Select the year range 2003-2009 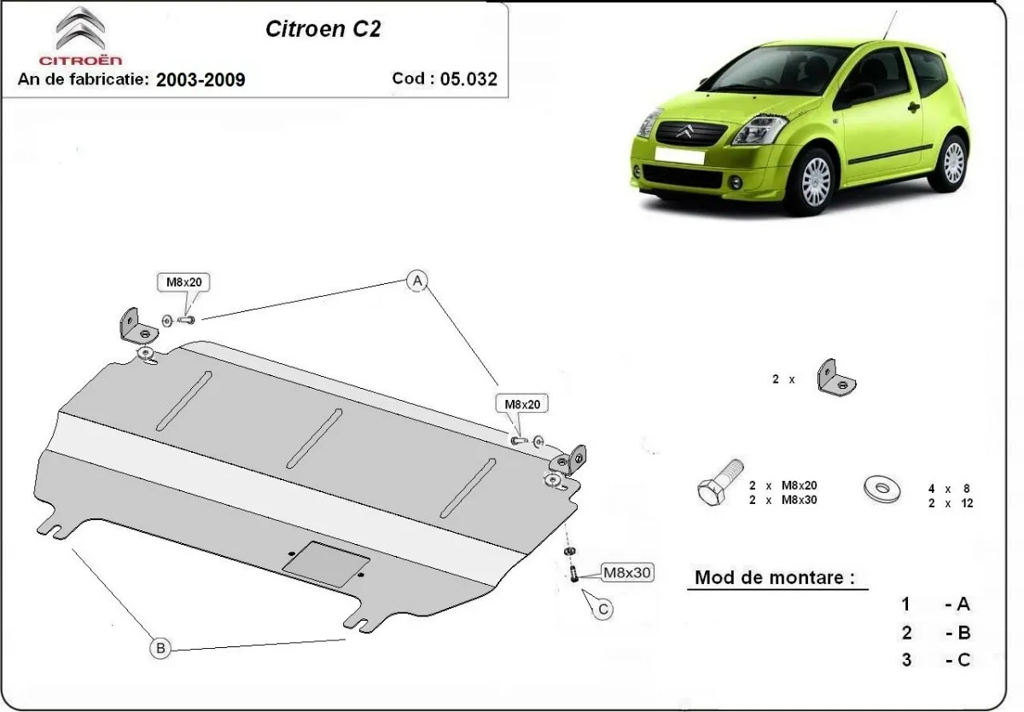click(x=201, y=79)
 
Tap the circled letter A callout click(x=416, y=281)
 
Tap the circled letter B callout click(x=160, y=648)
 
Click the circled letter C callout click(x=602, y=609)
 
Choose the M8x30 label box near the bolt click(x=627, y=573)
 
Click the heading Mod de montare click(x=774, y=577)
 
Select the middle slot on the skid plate click(x=314, y=437)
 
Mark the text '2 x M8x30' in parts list click(x=783, y=500)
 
